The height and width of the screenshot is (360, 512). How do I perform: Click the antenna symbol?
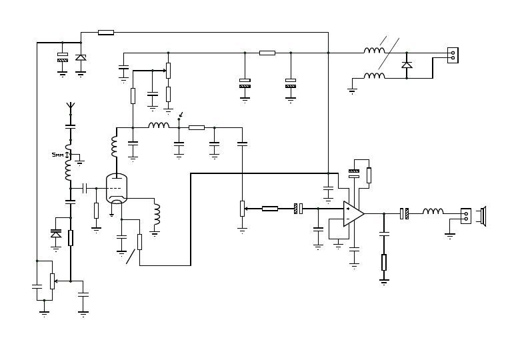click(x=70, y=107)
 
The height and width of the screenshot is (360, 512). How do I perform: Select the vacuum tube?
click(x=117, y=189)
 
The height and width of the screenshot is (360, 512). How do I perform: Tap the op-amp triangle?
click(x=353, y=213)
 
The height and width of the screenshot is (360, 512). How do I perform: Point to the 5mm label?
click(x=57, y=155)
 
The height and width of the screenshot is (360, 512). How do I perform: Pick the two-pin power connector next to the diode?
click(x=453, y=55)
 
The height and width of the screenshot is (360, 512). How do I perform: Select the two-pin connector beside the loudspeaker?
click(x=466, y=215)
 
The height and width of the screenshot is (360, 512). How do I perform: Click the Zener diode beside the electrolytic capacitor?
click(x=81, y=58)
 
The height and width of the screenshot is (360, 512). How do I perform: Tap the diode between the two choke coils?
click(x=407, y=65)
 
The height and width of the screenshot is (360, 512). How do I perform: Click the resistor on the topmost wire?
click(x=105, y=32)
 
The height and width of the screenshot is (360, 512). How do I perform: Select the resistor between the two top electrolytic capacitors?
click(x=267, y=53)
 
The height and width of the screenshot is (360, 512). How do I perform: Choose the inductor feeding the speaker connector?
click(x=433, y=212)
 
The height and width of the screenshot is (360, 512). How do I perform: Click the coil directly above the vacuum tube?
click(x=114, y=147)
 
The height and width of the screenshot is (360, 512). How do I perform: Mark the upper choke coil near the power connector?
click(x=374, y=51)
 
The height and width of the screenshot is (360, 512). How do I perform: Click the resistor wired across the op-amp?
click(x=369, y=175)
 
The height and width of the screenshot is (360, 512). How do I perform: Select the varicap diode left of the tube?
click(x=56, y=234)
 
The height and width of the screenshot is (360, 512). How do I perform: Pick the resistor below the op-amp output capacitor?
click(x=384, y=262)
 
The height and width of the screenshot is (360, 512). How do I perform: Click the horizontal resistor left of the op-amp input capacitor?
click(x=269, y=209)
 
